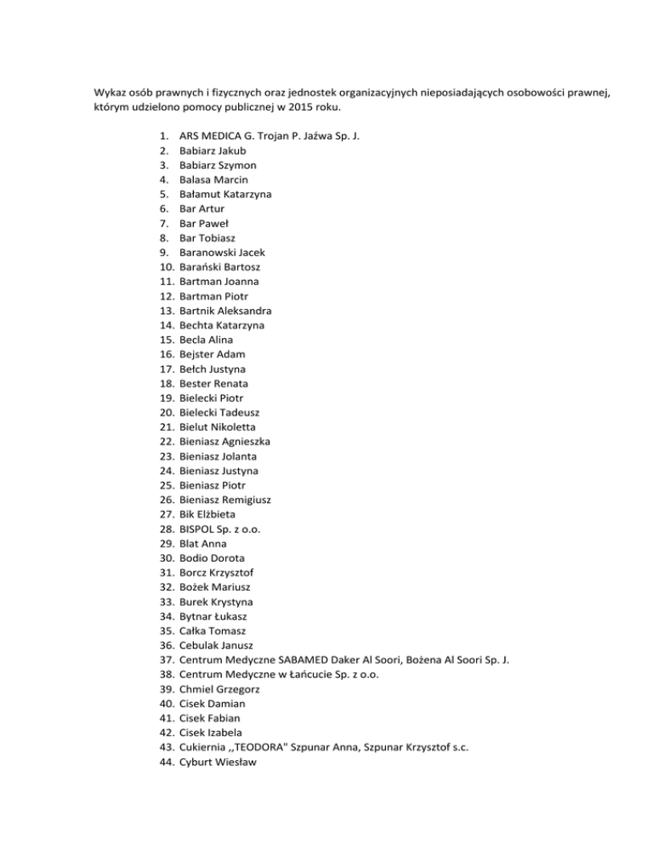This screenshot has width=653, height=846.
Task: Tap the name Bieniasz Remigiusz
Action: pyautogui.click(x=227, y=500)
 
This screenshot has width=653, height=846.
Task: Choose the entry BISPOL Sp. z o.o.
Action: pyautogui.click(x=220, y=529)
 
